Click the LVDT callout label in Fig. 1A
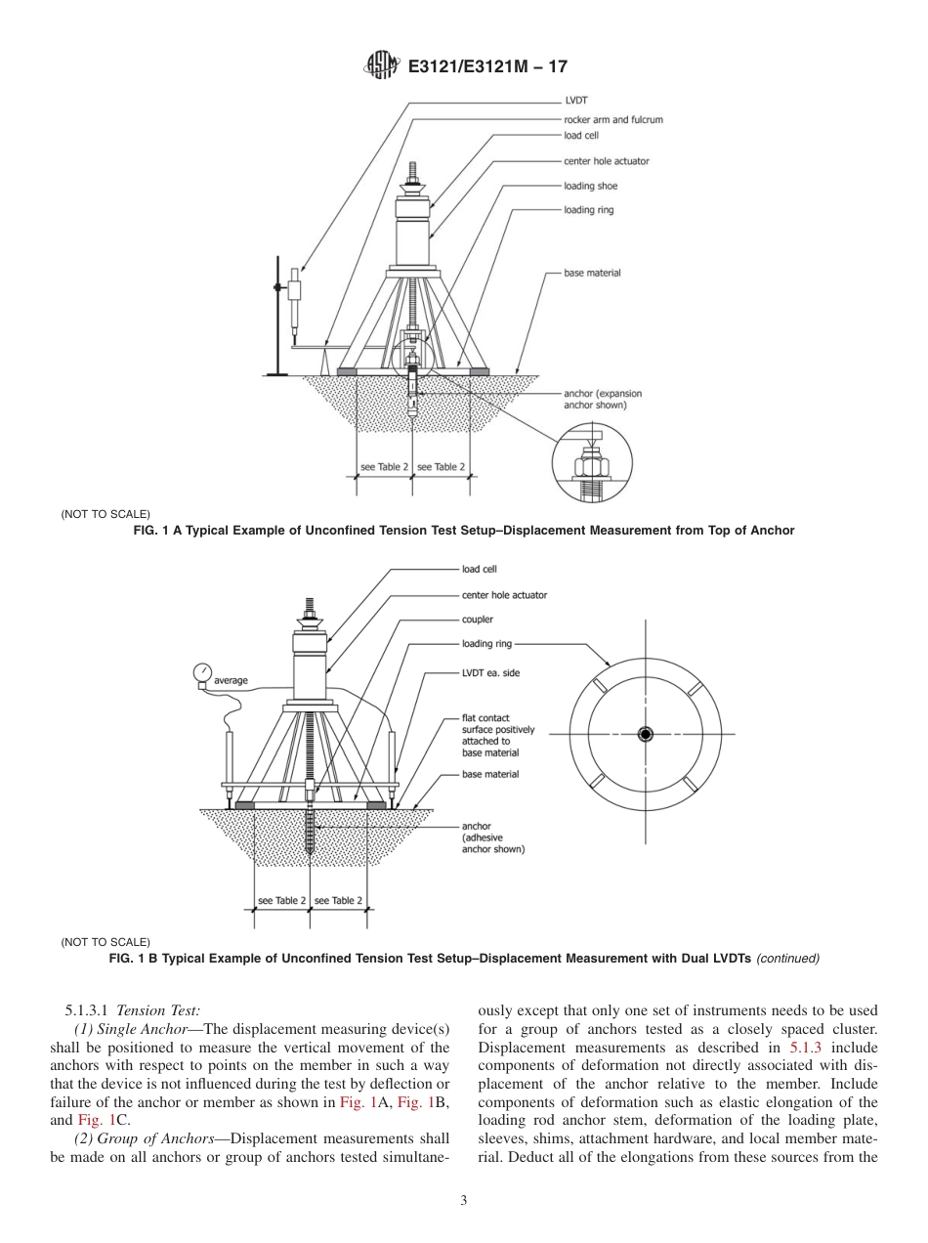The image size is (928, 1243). pyautogui.click(x=575, y=100)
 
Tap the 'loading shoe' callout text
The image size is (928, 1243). pyautogui.click(x=590, y=186)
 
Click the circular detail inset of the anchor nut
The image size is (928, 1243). pyautogui.click(x=592, y=466)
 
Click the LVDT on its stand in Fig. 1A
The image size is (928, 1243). pyautogui.click(x=293, y=291)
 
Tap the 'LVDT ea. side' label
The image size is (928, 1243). pyautogui.click(x=490, y=672)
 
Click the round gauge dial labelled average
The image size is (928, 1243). pyautogui.click(x=203, y=671)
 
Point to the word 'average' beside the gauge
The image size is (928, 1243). pyautogui.click(x=232, y=680)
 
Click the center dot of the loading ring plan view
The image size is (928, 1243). pyautogui.click(x=645, y=734)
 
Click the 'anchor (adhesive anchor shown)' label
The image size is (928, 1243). pyautogui.click(x=492, y=837)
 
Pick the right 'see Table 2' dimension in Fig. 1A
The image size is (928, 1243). pyautogui.click(x=441, y=467)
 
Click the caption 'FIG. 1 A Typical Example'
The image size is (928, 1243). pyautogui.click(x=463, y=531)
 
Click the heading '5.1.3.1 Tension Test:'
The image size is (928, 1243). pyautogui.click(x=131, y=1007)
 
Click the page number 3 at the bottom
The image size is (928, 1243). pyautogui.click(x=463, y=1201)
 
